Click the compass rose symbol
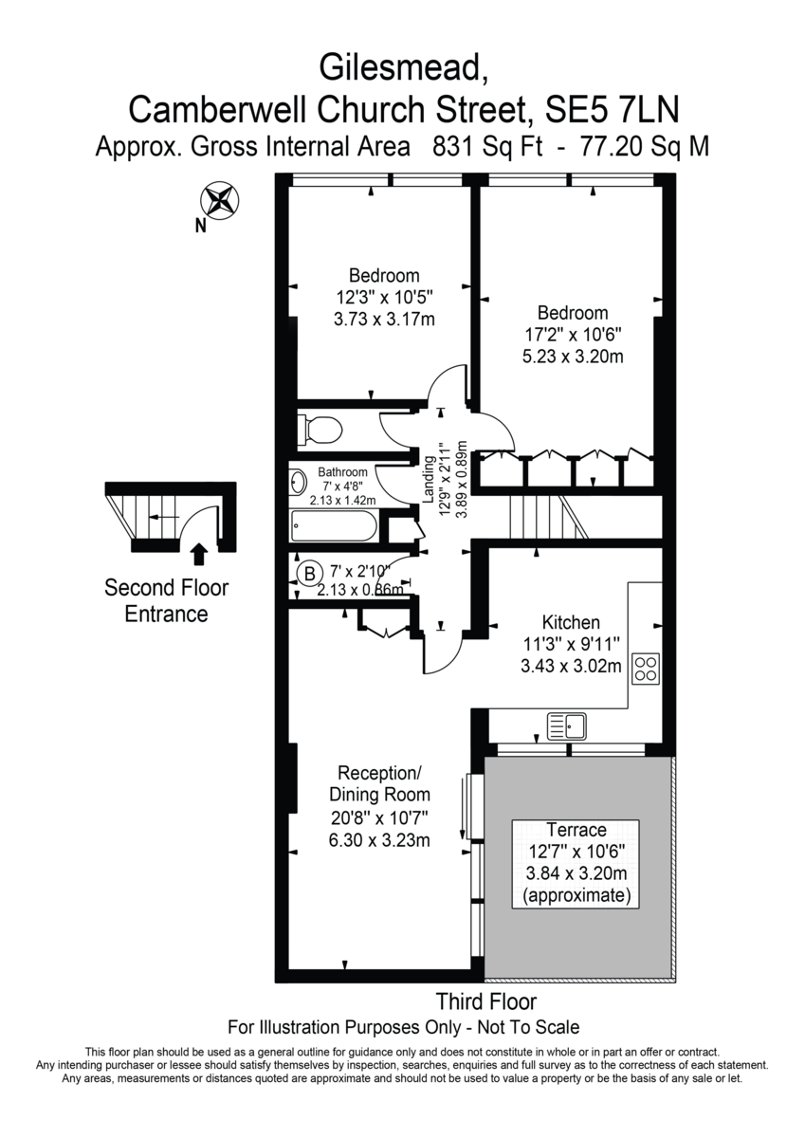220,201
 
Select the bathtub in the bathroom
334,525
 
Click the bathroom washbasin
298,482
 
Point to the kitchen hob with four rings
646,668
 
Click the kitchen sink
566,726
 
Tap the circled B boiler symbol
309,574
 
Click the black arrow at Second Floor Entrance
201,554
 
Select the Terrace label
576,830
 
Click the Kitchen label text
571,622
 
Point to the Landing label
429,480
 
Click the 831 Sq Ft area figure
487,147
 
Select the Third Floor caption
486,1001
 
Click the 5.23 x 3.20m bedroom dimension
573,357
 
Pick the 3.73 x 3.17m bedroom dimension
384,320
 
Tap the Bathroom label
343,472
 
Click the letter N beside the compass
201,226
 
